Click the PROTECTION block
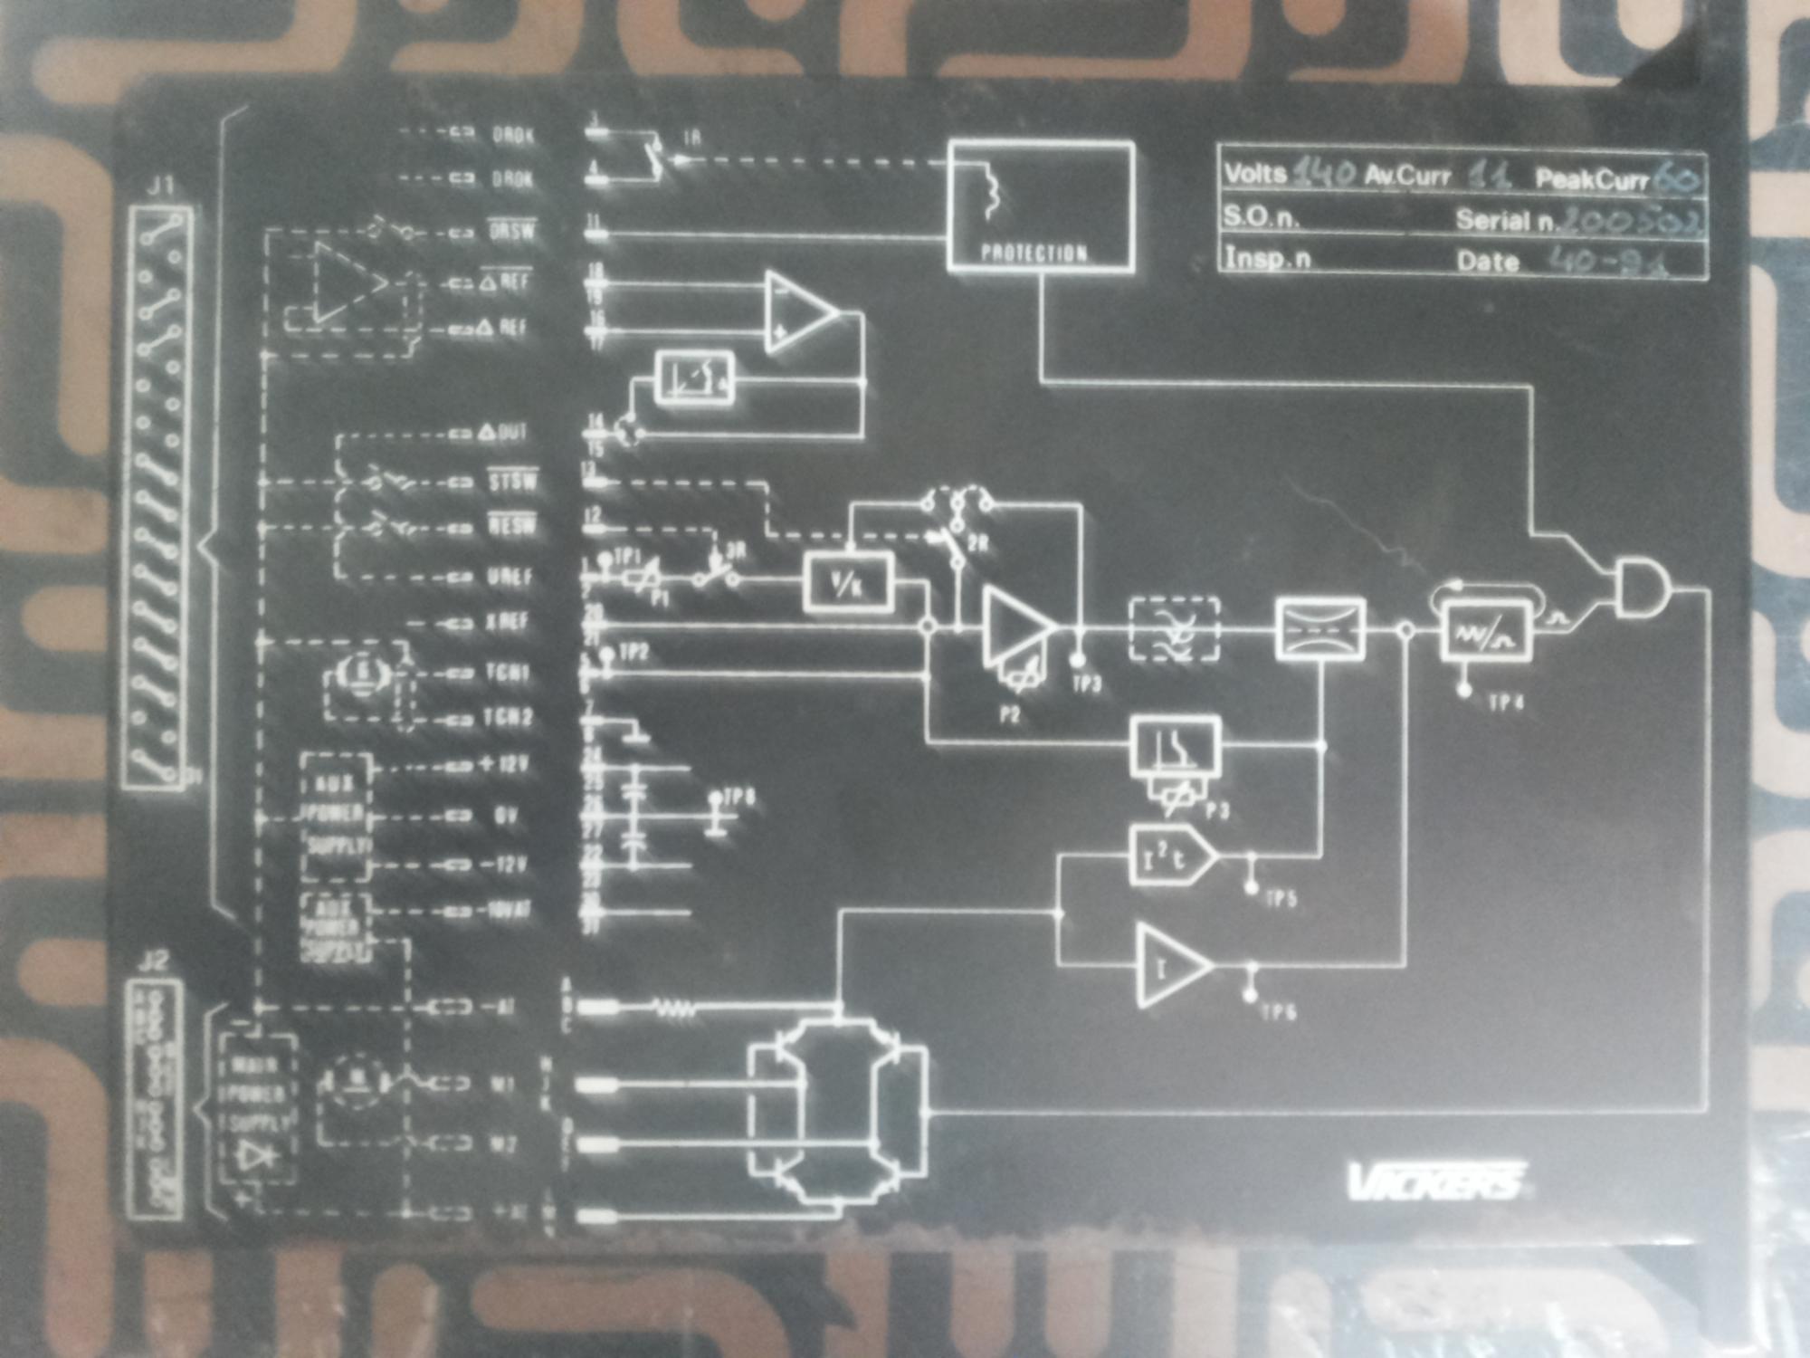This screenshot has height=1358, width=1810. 1041,206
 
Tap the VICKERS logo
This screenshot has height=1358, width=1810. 1435,1181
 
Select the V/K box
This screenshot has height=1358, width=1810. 848,584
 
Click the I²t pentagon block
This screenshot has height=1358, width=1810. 1171,855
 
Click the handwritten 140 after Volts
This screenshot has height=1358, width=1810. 1324,172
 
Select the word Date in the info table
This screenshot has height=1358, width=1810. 1487,262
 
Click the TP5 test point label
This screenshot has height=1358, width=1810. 1281,899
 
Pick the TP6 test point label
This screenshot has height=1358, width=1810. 1279,1011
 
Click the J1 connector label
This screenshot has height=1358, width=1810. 161,187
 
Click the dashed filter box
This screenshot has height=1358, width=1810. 1175,628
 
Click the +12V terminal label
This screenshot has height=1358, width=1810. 504,765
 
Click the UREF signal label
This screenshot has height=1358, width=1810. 510,577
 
